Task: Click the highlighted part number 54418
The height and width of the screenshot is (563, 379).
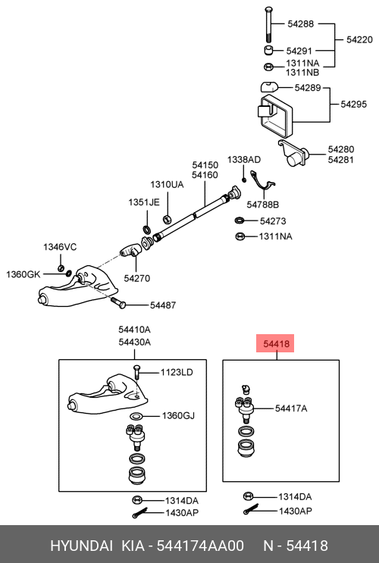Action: pos(274,345)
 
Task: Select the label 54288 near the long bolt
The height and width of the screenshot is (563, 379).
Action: pos(299,24)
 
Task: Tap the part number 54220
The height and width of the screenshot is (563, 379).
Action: pos(360,38)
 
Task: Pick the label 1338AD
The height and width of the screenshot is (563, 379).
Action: pos(243,160)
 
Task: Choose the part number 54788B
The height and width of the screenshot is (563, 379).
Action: pos(264,205)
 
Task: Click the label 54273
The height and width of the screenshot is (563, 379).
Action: pos(272,221)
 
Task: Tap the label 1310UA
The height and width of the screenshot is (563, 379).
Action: pos(166,184)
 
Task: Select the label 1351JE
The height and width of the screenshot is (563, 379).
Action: pos(143,202)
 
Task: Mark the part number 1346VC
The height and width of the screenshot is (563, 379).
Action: pos(59,247)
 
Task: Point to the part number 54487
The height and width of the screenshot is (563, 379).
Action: pos(162,305)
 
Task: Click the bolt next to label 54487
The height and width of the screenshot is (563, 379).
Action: pos(120,304)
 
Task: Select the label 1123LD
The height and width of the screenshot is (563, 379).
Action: pos(176,372)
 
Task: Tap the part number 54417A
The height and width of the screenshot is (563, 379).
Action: pos(291,409)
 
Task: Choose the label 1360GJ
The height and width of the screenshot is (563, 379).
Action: pos(178,416)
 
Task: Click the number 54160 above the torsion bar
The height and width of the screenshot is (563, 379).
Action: pos(205,175)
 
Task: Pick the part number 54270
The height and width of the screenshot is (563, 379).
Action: pos(137,278)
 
